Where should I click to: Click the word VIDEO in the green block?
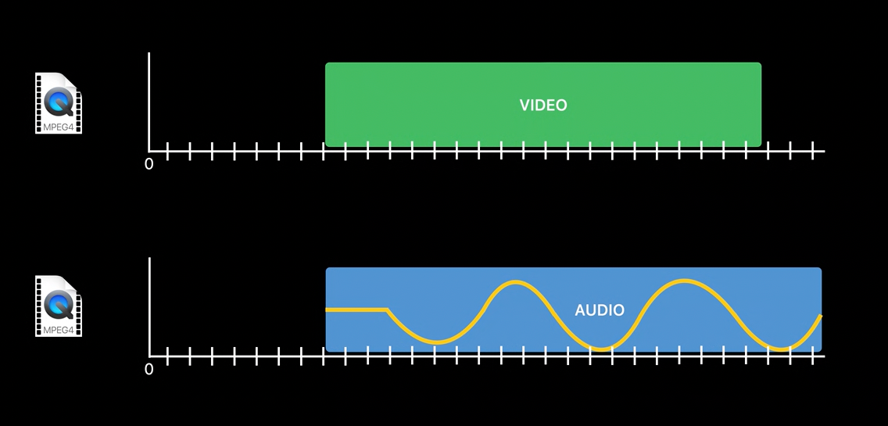543,105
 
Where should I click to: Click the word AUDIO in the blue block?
600,310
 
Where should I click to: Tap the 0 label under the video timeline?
149,164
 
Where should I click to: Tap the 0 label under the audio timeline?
149,369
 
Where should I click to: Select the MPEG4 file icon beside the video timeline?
59,103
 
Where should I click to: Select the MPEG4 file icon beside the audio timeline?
59,306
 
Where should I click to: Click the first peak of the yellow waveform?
514,282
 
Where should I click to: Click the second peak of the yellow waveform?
684,281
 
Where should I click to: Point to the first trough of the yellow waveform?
438,342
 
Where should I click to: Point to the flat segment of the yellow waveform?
356,310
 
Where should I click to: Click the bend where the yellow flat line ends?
388,310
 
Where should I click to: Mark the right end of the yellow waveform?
820,317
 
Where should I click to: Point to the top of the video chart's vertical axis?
149,55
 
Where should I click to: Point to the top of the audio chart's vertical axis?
149,260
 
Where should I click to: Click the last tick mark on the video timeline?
813,150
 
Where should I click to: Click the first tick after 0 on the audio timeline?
168,356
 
